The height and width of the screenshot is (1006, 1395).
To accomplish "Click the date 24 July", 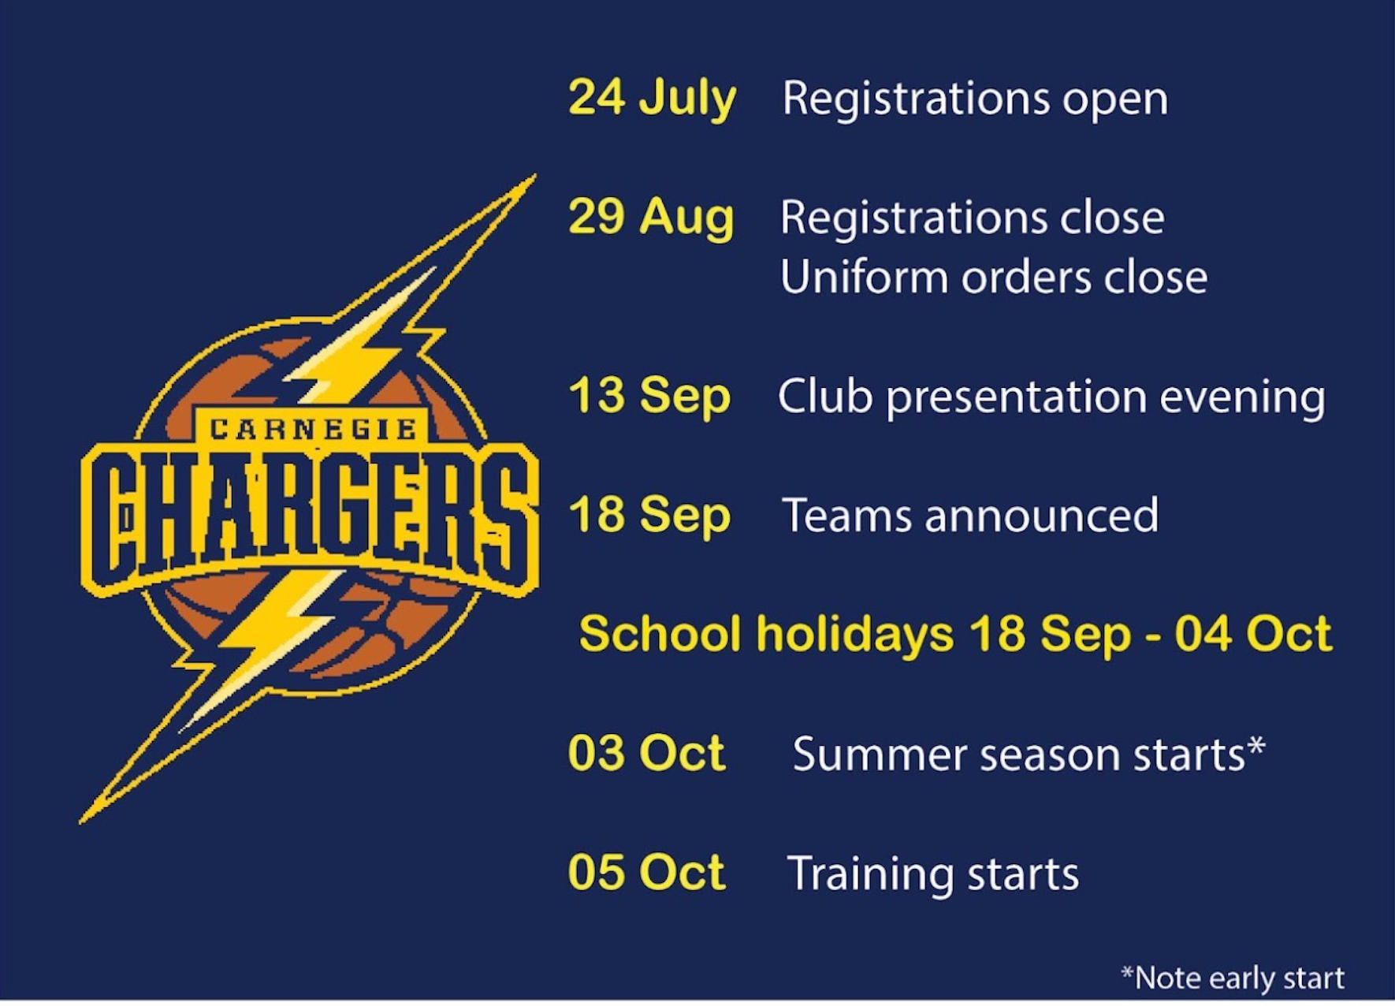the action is coord(652,99).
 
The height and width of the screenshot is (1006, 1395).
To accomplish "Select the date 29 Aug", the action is coord(651,218).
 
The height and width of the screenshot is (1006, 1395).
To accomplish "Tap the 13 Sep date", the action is coord(649,397).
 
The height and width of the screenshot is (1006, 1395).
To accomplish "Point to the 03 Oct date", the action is coord(646,753).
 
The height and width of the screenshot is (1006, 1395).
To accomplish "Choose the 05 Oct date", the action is coord(646,872).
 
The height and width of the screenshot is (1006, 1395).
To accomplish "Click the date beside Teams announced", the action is coord(649,516).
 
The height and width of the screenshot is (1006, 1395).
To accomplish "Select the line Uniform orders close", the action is coord(994,278).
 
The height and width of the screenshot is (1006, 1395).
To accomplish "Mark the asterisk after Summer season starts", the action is coord(1256,745).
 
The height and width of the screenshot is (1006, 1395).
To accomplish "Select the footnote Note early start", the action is coord(1233,978).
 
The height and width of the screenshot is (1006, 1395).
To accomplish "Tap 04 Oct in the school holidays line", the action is coord(1253,633).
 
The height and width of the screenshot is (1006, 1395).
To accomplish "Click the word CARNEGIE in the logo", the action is coord(314,430).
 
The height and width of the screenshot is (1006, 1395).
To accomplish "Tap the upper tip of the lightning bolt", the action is coord(535,175).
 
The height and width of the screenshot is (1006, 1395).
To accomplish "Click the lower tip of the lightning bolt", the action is coord(80,822).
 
